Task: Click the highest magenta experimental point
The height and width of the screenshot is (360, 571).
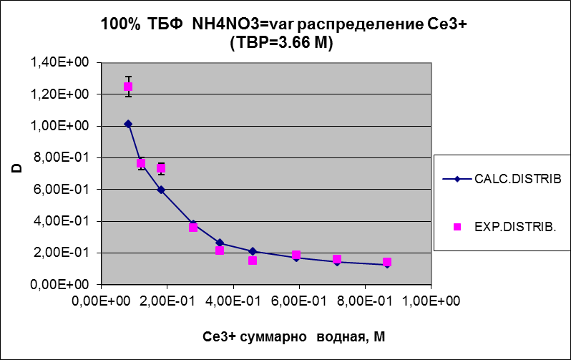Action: (x=128, y=87)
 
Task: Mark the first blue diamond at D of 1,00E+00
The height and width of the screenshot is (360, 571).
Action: (x=128, y=124)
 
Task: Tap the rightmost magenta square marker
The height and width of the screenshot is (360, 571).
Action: (x=387, y=263)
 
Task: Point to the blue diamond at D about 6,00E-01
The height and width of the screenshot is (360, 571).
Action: (x=161, y=190)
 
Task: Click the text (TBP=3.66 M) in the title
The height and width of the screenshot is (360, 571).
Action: (x=283, y=43)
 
